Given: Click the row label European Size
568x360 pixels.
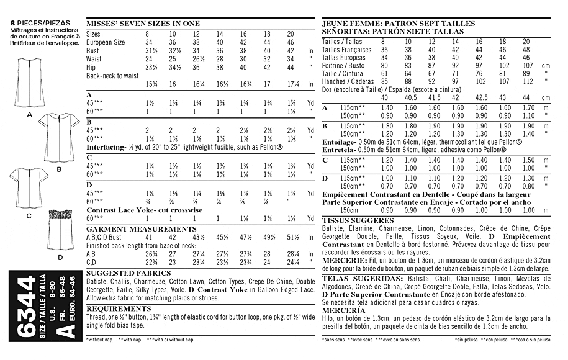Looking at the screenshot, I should pos(106,42).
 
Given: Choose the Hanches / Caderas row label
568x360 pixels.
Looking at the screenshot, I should pos(349,81).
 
